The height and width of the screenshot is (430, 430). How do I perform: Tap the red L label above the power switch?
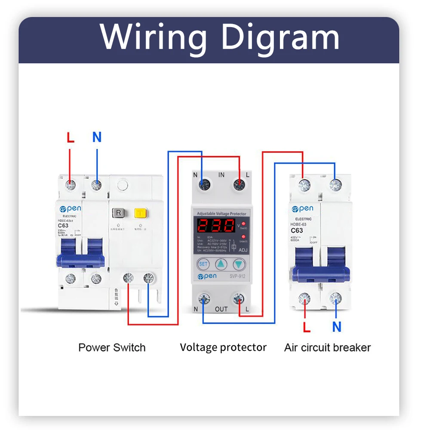(x=71, y=138)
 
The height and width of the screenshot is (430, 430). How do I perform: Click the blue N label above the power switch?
(x=97, y=138)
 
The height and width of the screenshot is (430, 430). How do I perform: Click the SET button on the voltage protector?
(x=203, y=264)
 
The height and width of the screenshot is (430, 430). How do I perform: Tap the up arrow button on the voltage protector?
(x=221, y=264)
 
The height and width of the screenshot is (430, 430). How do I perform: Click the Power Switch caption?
(x=112, y=347)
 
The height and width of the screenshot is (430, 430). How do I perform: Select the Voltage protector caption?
(x=223, y=347)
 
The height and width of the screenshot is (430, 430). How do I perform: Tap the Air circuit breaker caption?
(x=327, y=347)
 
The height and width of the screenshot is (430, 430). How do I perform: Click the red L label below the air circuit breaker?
(x=306, y=328)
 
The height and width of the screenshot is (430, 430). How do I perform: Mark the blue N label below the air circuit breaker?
(x=337, y=327)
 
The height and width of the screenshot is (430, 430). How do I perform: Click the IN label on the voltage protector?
(x=221, y=175)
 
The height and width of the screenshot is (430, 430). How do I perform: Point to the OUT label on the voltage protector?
(x=221, y=309)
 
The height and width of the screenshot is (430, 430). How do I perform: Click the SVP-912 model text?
(x=236, y=276)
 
